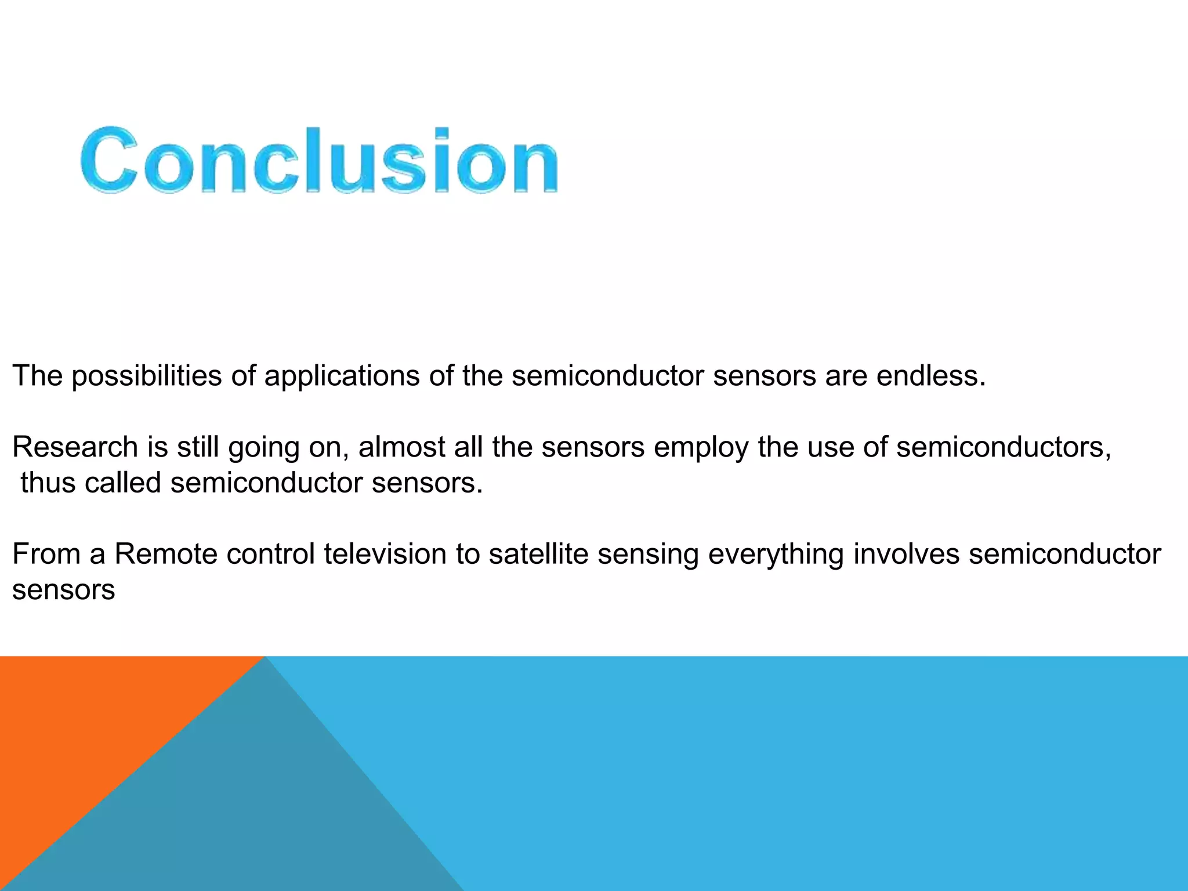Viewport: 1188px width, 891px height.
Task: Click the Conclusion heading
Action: click(x=319, y=160)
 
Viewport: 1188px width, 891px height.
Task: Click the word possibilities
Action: click(x=147, y=376)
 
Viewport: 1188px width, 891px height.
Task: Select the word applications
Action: click(x=342, y=376)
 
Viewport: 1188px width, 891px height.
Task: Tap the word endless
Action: click(x=930, y=376)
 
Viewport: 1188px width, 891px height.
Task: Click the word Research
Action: click(x=75, y=447)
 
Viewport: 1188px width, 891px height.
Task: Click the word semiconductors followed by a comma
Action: click(x=1004, y=447)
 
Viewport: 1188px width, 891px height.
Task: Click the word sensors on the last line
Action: click(x=63, y=591)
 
